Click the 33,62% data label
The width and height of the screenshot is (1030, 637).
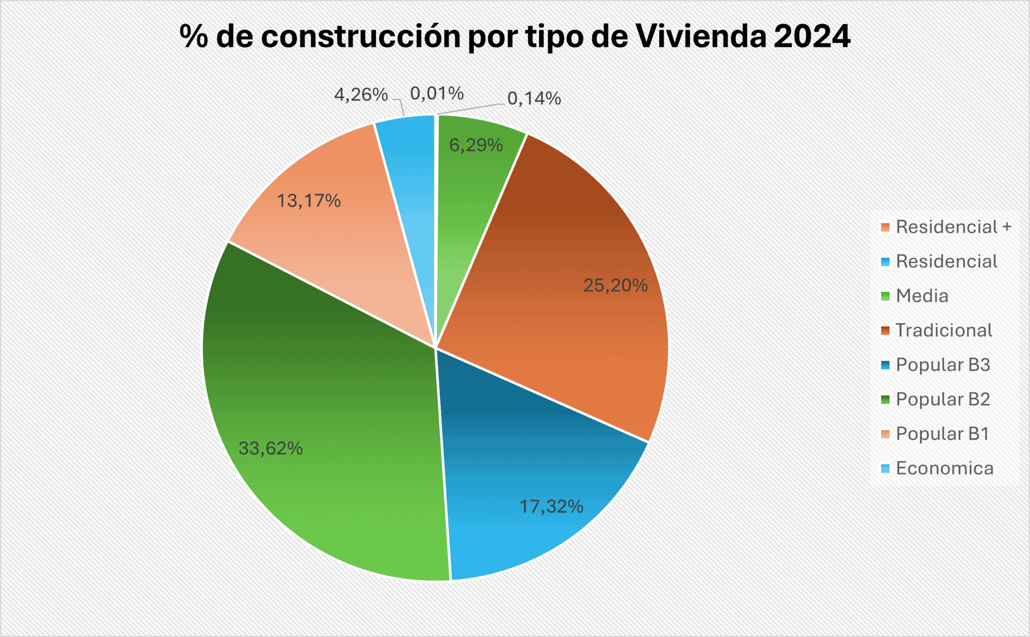[x=270, y=448]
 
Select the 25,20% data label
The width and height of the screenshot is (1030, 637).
[x=615, y=285]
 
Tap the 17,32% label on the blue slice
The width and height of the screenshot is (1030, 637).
[x=551, y=506]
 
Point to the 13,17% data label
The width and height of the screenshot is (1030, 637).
[x=308, y=201]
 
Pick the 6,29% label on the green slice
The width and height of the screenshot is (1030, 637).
[x=476, y=145]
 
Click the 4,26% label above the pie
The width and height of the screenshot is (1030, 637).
[x=360, y=94]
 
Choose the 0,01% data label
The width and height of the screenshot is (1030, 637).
[x=437, y=93]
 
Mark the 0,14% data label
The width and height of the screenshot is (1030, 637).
[x=534, y=98]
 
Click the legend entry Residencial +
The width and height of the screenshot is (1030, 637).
[x=953, y=227]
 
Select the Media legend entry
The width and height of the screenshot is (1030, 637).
[x=922, y=296]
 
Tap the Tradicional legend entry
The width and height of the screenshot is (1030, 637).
[x=944, y=330]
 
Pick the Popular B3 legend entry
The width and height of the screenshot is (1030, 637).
[x=943, y=365]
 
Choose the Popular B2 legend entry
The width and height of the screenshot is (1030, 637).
[x=943, y=399]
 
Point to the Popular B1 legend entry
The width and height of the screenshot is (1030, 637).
[x=942, y=434]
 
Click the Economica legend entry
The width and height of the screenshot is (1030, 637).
[x=944, y=468]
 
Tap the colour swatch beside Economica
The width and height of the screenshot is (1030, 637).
[x=885, y=468]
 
